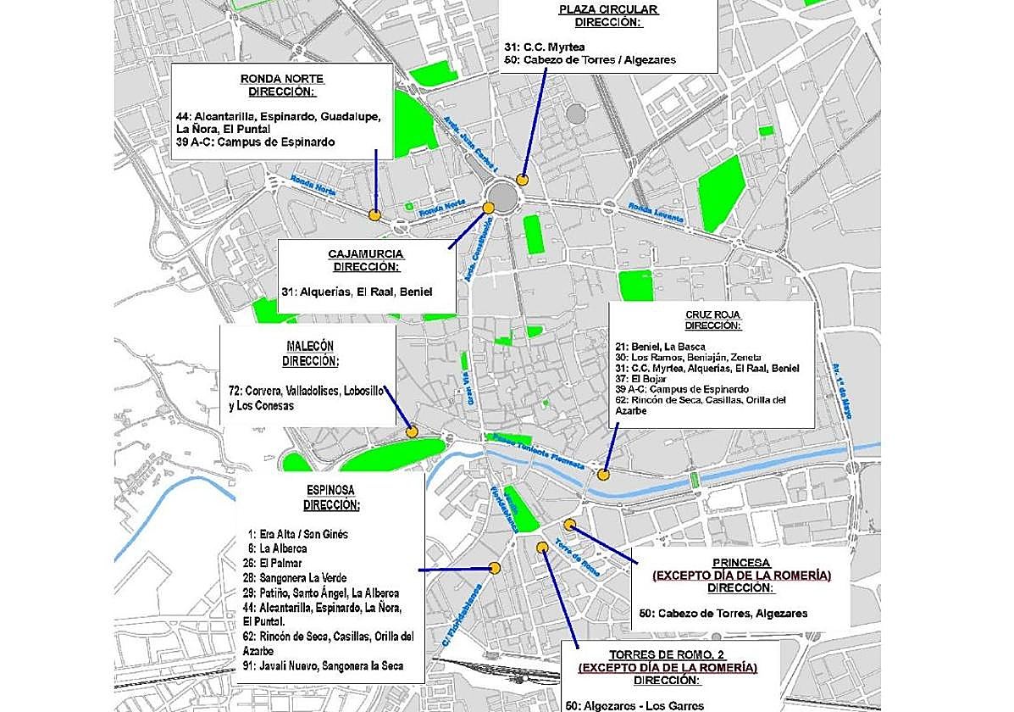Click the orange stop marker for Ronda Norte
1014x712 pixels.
[x=374, y=215]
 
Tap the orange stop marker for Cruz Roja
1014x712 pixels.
[x=604, y=475]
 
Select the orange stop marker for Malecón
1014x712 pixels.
[x=412, y=431]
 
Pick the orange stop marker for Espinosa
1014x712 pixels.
[x=496, y=569]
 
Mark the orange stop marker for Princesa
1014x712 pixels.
[x=570, y=525]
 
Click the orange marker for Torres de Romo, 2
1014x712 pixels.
[x=543, y=548]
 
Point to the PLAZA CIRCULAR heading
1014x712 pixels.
[x=608, y=10]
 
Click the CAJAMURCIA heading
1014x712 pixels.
[x=366, y=254]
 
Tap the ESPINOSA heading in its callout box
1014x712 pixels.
[x=330, y=490]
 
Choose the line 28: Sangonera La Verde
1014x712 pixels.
[x=297, y=578]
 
